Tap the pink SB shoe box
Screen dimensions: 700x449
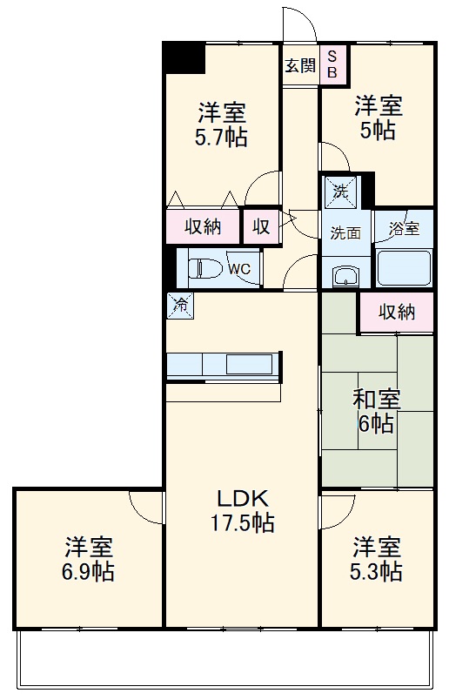pos(332,65)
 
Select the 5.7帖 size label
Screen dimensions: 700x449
pos(221,137)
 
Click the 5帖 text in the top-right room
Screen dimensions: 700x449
pos(377,130)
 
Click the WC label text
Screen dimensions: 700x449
pos(239,269)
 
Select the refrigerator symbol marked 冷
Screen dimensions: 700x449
pos(180,305)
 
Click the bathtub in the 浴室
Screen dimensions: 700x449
pos(403,266)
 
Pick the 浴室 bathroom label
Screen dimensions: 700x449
pos(404,230)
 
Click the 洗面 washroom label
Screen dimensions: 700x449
pos(345,232)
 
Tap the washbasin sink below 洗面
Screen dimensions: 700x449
pos(345,276)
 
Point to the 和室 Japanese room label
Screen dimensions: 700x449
pos(377,400)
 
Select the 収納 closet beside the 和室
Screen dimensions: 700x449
pos(396,312)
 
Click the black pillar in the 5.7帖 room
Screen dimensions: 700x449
pos(184,58)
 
